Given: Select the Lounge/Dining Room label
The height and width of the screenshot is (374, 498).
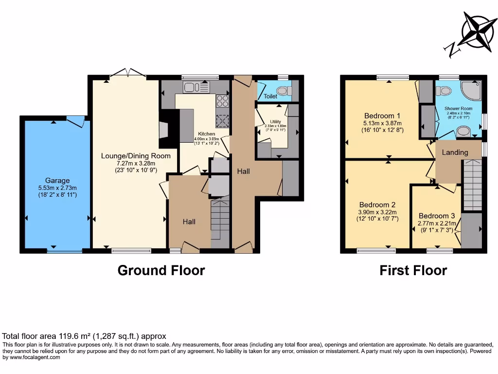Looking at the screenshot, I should click(136, 156).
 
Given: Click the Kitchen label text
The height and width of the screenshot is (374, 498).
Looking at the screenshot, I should click(206, 134).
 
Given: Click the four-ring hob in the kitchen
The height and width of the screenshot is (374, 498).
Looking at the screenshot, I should click(222, 101).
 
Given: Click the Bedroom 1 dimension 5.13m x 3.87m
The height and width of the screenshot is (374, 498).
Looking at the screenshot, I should click(382, 123).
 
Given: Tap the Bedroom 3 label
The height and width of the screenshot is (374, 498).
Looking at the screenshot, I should click(437, 216).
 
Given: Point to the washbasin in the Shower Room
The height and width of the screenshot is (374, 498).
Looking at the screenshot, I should click(463, 131).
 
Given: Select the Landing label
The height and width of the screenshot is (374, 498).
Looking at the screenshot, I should click(455, 152).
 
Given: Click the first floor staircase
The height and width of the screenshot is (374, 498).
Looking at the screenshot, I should click(471, 185).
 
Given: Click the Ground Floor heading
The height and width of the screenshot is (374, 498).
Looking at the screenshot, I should click(161, 270).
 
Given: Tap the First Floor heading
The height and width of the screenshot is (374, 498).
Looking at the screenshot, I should click(413, 270).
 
